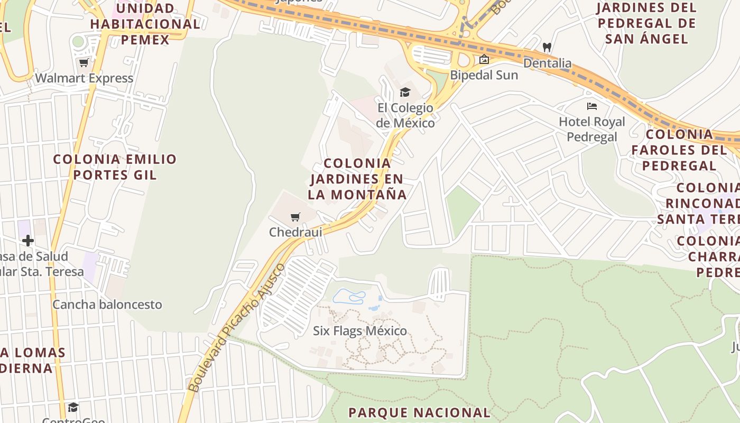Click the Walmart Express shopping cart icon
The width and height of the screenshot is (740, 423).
click(x=84, y=63)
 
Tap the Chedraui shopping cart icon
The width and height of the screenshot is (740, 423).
click(x=295, y=217)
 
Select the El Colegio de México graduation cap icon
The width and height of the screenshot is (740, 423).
click(x=405, y=92)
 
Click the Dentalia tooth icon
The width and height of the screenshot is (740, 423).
click(x=547, y=47)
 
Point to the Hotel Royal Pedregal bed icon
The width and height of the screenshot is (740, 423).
click(x=592, y=106)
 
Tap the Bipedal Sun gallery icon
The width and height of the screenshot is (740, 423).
click(x=484, y=60)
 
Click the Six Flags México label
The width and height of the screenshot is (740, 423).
click(x=360, y=331)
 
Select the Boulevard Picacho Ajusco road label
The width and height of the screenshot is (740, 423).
click(x=236, y=328)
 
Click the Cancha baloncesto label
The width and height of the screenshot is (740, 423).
click(x=107, y=305)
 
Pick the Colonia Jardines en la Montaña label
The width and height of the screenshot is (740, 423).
click(x=357, y=179)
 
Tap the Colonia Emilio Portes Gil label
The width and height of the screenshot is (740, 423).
click(x=115, y=167)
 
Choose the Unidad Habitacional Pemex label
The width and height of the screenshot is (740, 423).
click(x=145, y=24)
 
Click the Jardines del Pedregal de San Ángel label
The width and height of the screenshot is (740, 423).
click(x=646, y=23)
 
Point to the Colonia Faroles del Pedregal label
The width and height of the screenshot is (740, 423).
click(x=679, y=150)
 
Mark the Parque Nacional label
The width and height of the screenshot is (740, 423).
click(x=420, y=412)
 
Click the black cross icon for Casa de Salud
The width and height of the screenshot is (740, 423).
click(x=28, y=241)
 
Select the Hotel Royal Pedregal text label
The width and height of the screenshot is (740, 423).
click(x=592, y=129)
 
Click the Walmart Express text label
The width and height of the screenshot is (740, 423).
click(x=84, y=78)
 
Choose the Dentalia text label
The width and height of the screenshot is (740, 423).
click(x=548, y=63)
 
